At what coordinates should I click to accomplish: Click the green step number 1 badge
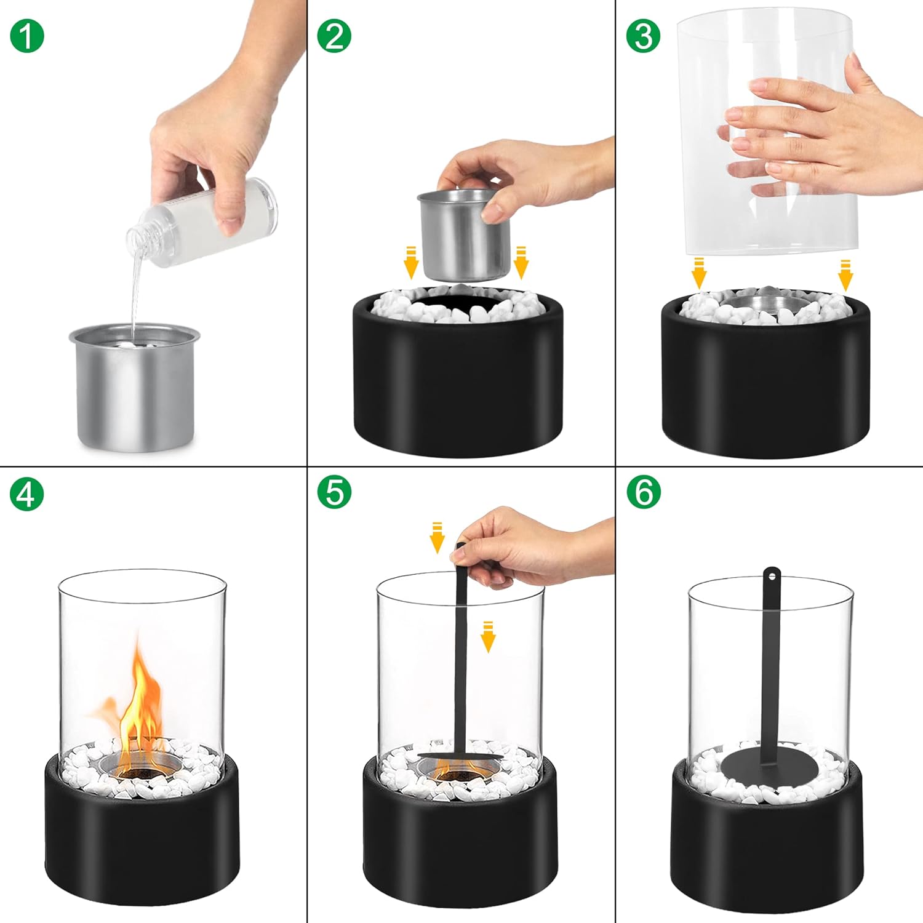[27, 36]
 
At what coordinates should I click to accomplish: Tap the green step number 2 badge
[334, 36]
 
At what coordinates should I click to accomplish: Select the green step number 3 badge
[644, 36]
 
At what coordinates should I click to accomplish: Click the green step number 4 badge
[27, 493]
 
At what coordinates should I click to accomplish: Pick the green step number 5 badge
[334, 492]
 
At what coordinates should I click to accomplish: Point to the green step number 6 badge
[644, 492]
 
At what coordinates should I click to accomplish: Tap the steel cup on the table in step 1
[134, 388]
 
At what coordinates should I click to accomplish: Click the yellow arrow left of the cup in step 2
[411, 262]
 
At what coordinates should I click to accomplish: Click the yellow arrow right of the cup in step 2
[521, 262]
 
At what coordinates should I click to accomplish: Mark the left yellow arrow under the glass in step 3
[698, 274]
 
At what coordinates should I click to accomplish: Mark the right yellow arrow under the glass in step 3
[845, 274]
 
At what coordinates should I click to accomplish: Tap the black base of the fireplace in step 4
[142, 843]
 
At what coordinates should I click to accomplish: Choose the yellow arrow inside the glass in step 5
[488, 637]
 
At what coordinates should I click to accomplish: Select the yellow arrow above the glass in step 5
[437, 537]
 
